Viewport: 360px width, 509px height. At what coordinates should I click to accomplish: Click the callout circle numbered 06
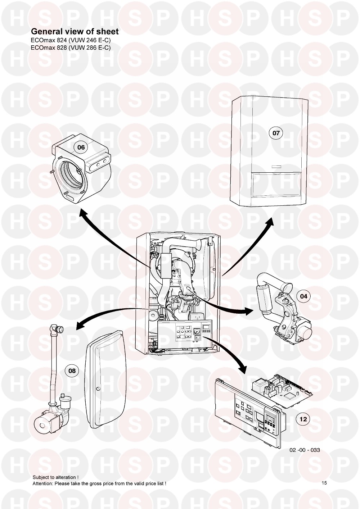(81, 147)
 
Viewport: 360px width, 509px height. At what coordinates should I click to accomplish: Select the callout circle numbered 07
(276, 133)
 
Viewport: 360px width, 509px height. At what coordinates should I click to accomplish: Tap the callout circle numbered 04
(304, 296)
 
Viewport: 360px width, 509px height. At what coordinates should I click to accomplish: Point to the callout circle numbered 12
(303, 419)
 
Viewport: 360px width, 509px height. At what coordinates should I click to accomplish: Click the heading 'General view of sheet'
(75, 32)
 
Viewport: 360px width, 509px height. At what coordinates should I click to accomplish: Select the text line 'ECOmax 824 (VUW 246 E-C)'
(71, 40)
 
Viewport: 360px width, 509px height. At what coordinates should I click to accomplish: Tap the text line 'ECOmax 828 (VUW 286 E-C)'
(71, 47)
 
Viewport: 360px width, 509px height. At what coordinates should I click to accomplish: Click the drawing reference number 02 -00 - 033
(304, 450)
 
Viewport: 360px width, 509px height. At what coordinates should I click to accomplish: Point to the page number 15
(324, 483)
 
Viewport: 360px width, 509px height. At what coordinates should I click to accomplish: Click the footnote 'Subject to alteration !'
(55, 477)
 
